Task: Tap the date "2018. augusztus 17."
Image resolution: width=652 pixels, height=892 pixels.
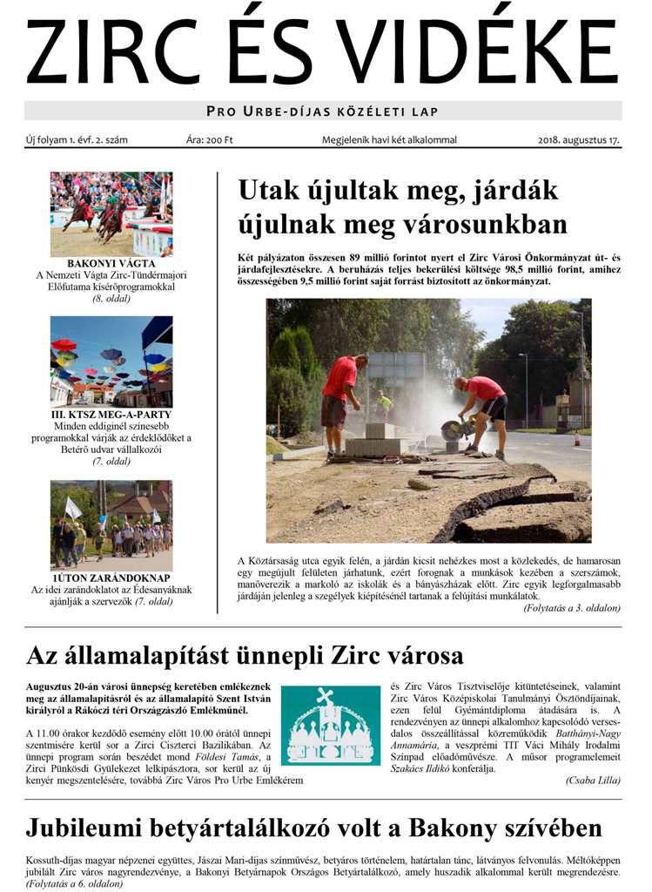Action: point(579,139)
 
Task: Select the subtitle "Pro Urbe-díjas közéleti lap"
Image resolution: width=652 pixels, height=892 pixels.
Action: point(322,111)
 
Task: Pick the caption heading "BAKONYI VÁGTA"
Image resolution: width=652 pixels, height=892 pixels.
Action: point(111,263)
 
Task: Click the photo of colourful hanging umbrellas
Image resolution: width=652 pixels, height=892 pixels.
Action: point(111,360)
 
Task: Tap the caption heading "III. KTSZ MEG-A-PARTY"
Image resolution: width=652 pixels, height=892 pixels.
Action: point(111,414)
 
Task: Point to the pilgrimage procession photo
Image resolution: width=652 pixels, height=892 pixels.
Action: point(111,525)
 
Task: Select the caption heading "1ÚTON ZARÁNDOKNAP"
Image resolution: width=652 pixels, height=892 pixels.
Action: point(111,578)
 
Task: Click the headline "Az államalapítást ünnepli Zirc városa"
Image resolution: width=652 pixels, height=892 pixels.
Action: point(245,655)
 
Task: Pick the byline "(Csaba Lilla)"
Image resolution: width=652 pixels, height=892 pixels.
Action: point(593,780)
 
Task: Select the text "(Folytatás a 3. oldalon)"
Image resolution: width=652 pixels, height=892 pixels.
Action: point(572,606)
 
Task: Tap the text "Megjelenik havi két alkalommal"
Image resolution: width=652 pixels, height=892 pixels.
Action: point(389,139)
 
